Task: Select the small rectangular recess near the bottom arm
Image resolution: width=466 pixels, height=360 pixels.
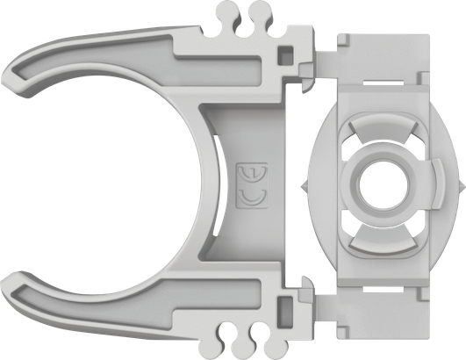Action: pyautogui.click(x=286, y=306)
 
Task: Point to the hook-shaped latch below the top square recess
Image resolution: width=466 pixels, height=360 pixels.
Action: pyautogui.click(x=304, y=84)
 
